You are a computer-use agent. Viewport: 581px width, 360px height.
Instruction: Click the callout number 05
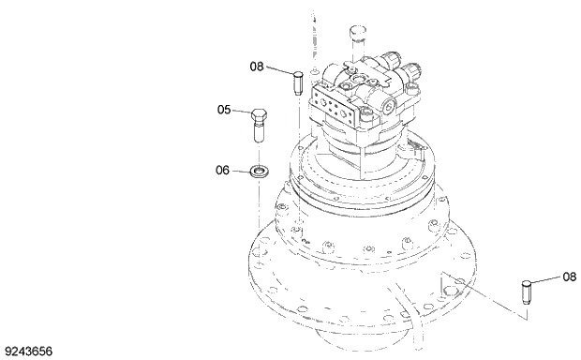[x=224, y=110]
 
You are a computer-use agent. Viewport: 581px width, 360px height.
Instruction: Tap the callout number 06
[x=224, y=170]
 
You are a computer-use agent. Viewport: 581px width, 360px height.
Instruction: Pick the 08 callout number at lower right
[x=570, y=277]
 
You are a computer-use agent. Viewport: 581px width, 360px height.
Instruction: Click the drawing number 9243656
[x=29, y=352]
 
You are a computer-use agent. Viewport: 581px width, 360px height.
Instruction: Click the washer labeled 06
[x=259, y=172]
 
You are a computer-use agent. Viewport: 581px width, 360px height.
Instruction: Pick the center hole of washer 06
[x=259, y=172]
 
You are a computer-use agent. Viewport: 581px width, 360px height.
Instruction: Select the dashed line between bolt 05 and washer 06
[x=260, y=152]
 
